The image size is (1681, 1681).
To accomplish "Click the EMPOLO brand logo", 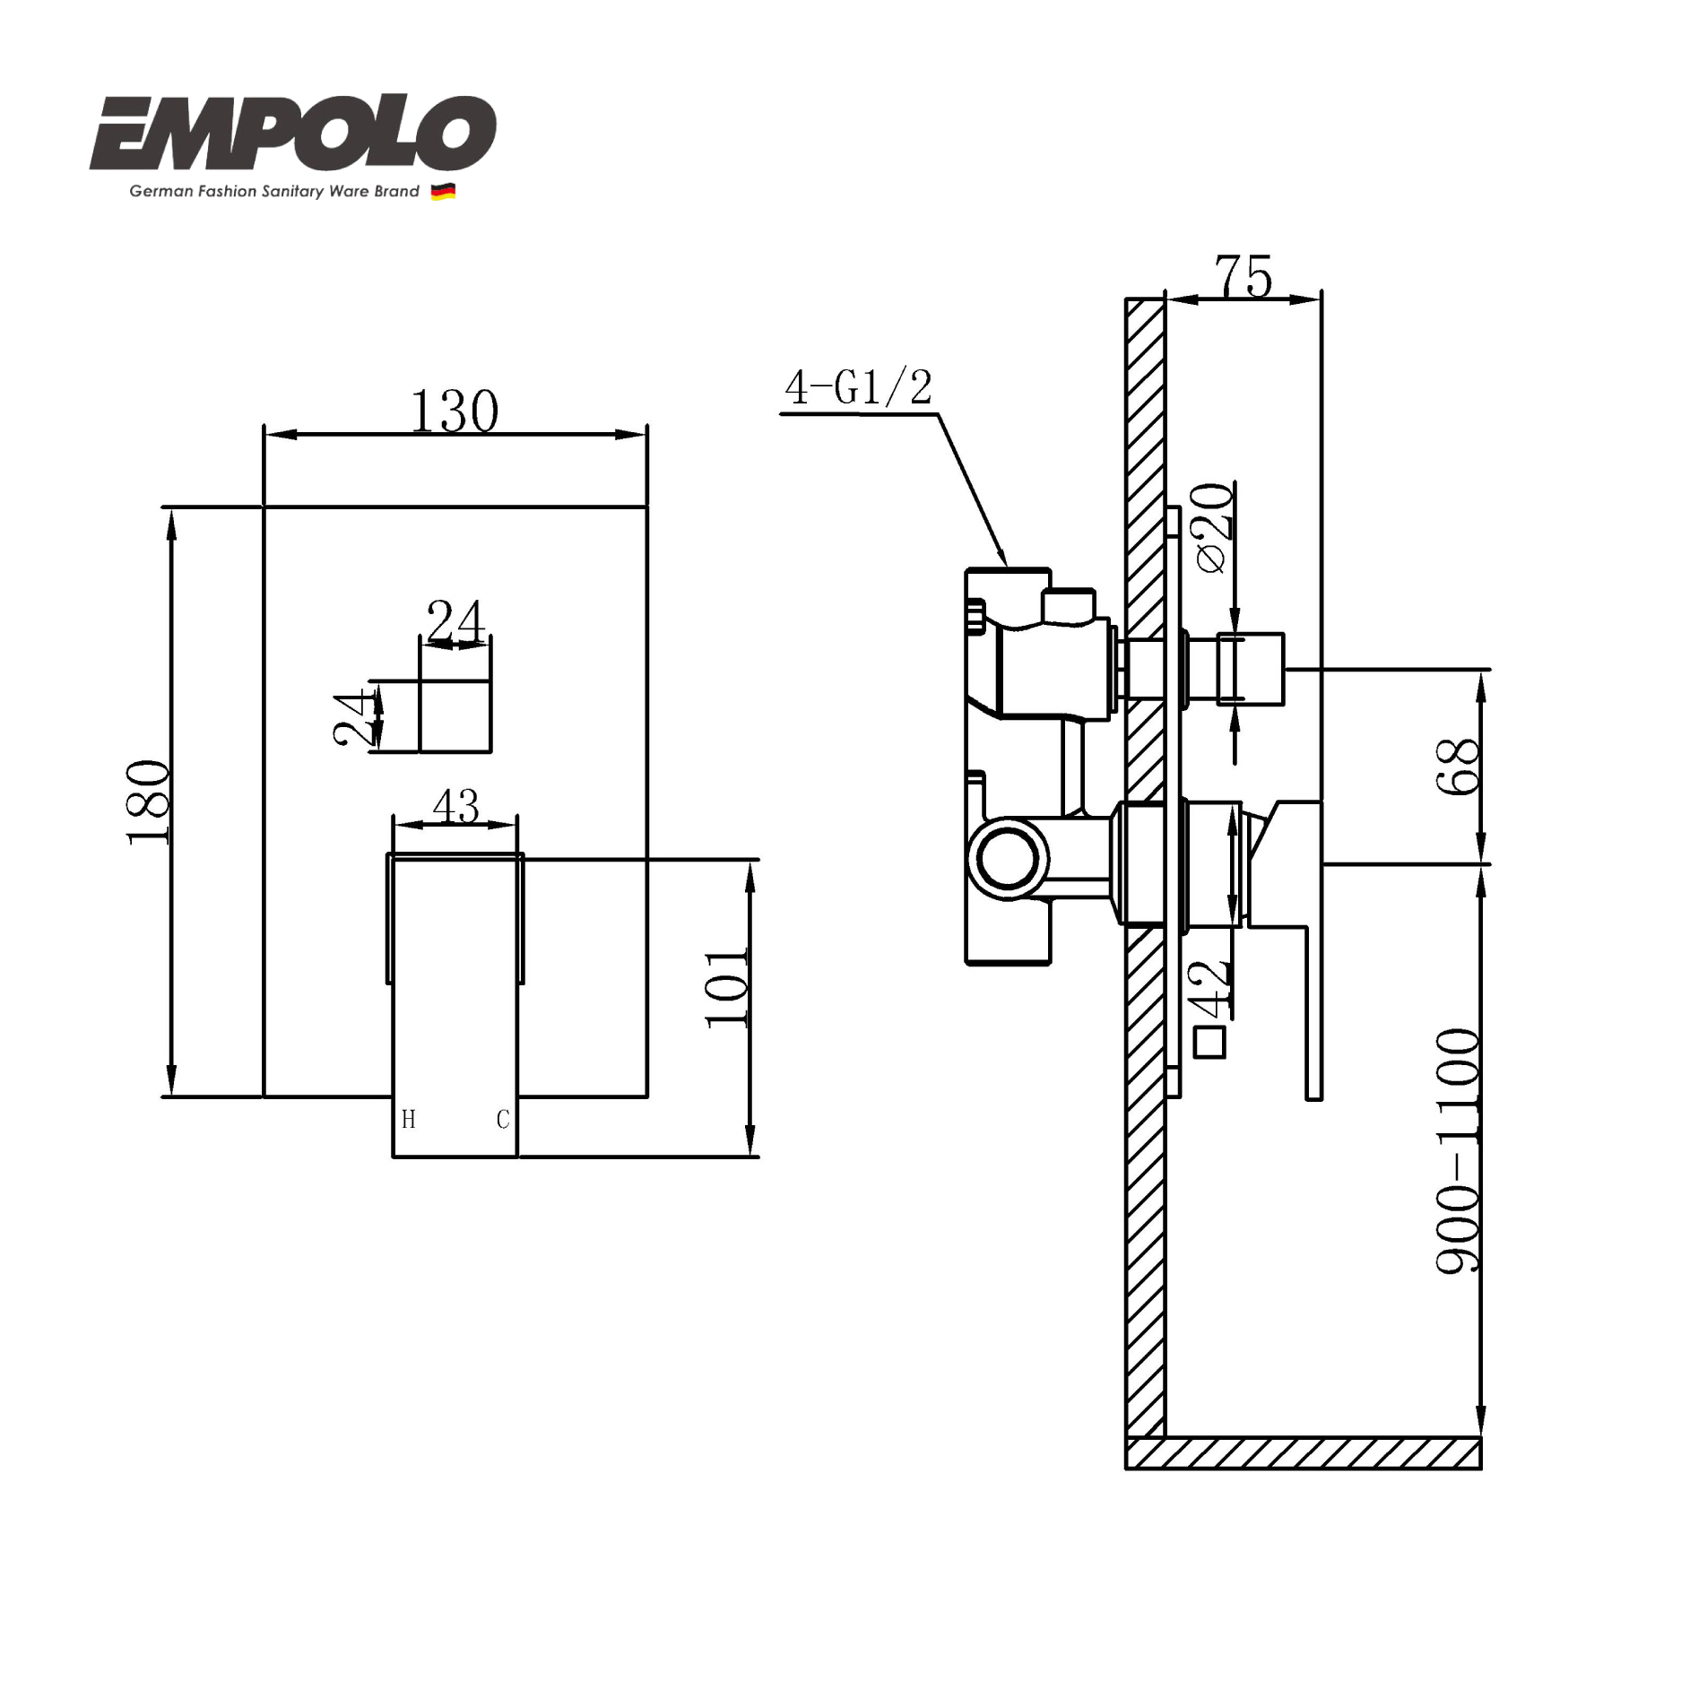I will [x=292, y=134].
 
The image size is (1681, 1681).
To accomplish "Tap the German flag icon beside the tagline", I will [x=443, y=191].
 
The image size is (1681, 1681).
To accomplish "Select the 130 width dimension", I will [x=455, y=412].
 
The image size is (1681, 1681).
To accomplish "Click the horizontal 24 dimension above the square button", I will [x=455, y=621].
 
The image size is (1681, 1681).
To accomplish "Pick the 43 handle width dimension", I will [x=455, y=806].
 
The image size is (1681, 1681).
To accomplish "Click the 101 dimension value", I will [x=726, y=987].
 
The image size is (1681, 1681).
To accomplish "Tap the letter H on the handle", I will [x=409, y=1119].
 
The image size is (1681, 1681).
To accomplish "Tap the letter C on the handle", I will [x=503, y=1119].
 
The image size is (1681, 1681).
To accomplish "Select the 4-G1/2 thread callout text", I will [x=858, y=388].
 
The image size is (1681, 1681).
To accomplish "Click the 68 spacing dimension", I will [x=1458, y=766].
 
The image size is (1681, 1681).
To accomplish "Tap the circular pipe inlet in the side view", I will [x=1009, y=859].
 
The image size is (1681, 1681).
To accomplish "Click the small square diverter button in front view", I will [x=455, y=715].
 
